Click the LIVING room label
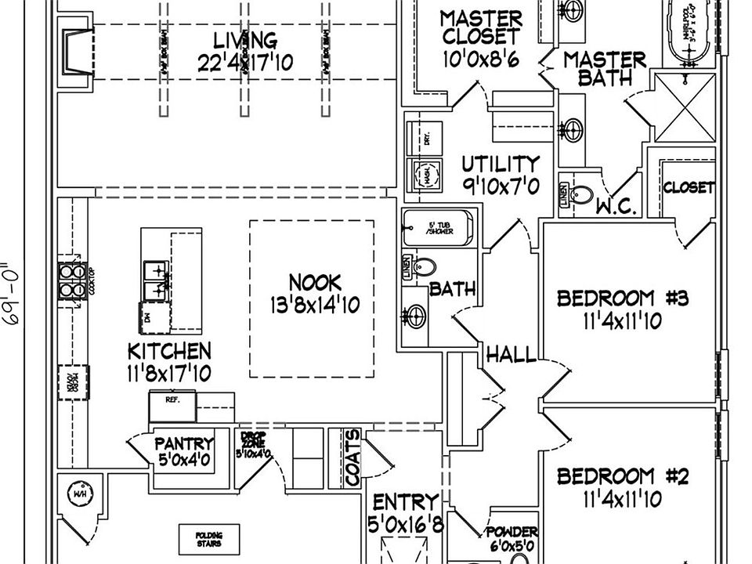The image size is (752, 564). (245, 39)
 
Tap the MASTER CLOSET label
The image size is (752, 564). (480, 27)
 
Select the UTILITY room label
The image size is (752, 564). (500, 164)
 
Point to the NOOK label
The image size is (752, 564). (314, 282)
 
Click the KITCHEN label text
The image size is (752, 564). (169, 350)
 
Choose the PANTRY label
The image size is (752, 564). (184, 443)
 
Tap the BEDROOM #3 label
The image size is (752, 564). (622, 298)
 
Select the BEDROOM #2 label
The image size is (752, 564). (622, 476)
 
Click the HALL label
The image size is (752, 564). (512, 355)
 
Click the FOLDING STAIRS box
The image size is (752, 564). (208, 539)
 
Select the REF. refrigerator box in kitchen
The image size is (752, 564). (172, 399)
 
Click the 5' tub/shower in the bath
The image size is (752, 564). (438, 229)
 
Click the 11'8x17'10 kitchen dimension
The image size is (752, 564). (169, 374)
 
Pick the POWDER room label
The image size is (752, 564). (512, 532)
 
